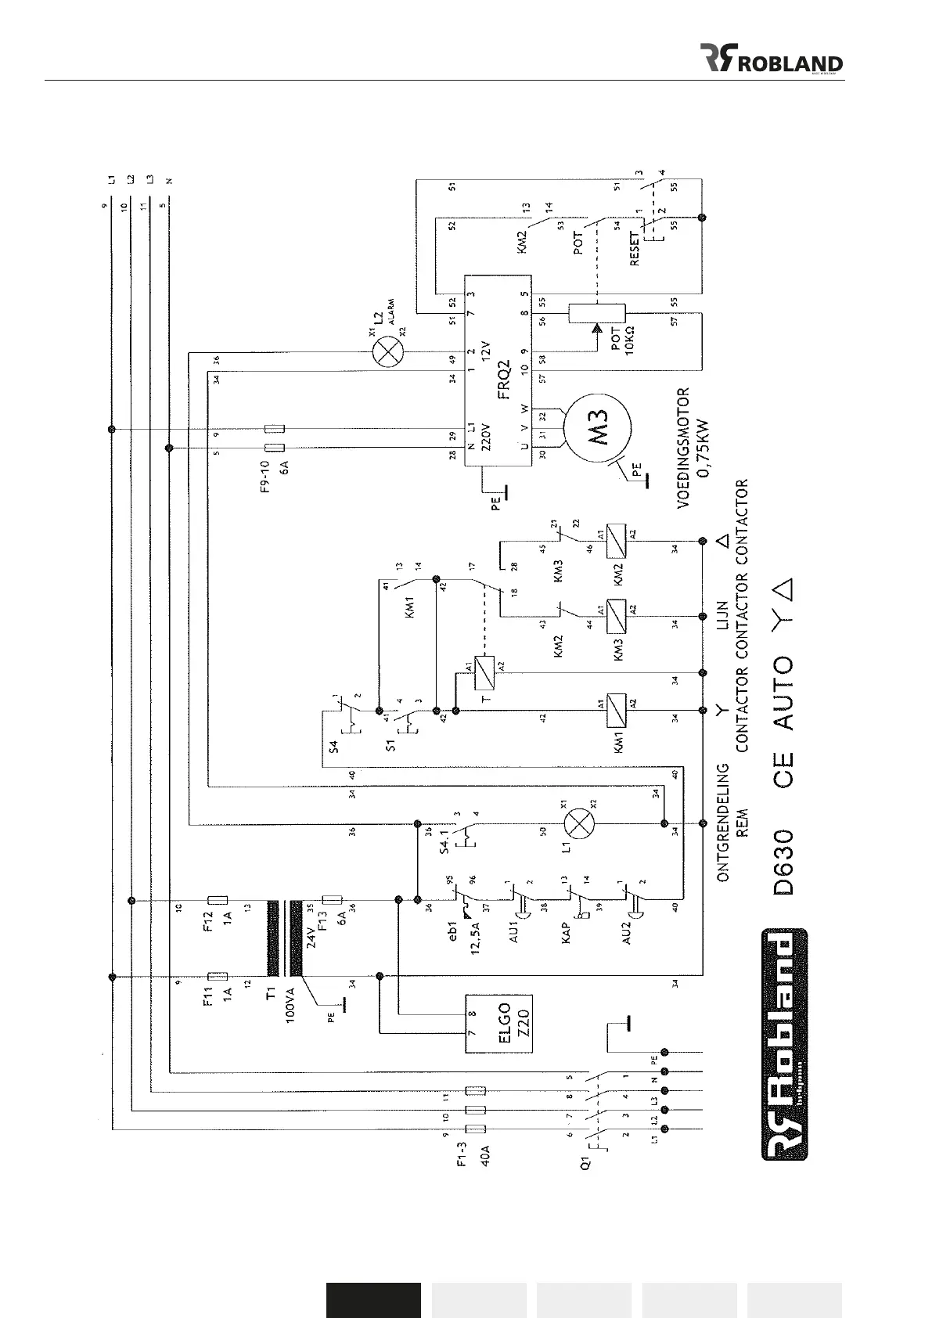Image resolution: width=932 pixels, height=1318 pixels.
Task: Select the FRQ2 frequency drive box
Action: click(x=498, y=370)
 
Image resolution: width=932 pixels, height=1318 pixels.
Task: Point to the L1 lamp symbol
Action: click(x=580, y=823)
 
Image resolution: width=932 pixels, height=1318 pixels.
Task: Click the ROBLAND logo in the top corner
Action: click(x=770, y=59)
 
